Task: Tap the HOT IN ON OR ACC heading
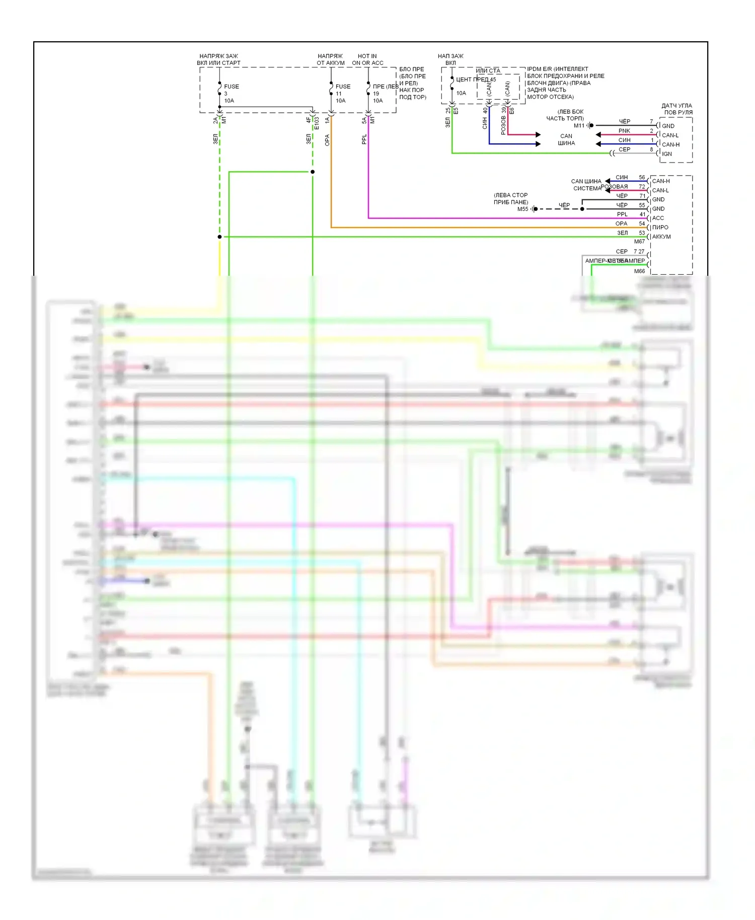[x=367, y=59]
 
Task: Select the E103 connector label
[x=317, y=123]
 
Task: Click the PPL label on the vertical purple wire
[x=364, y=139]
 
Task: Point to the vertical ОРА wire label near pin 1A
[x=327, y=140]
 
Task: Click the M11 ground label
[x=579, y=125]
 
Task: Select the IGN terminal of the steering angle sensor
[x=667, y=154]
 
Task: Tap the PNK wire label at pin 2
[x=624, y=131]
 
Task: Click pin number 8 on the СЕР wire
[x=651, y=149]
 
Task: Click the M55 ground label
[x=522, y=209]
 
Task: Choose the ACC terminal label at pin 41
[x=658, y=218]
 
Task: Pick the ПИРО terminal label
[x=660, y=227]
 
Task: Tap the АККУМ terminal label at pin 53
[x=661, y=237]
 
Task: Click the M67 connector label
[x=639, y=242]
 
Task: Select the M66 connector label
[x=639, y=271]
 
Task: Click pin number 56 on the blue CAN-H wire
[x=642, y=178]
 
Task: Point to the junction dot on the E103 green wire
[x=313, y=172]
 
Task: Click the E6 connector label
[x=512, y=111]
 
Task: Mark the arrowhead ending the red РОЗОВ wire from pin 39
[x=538, y=134]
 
